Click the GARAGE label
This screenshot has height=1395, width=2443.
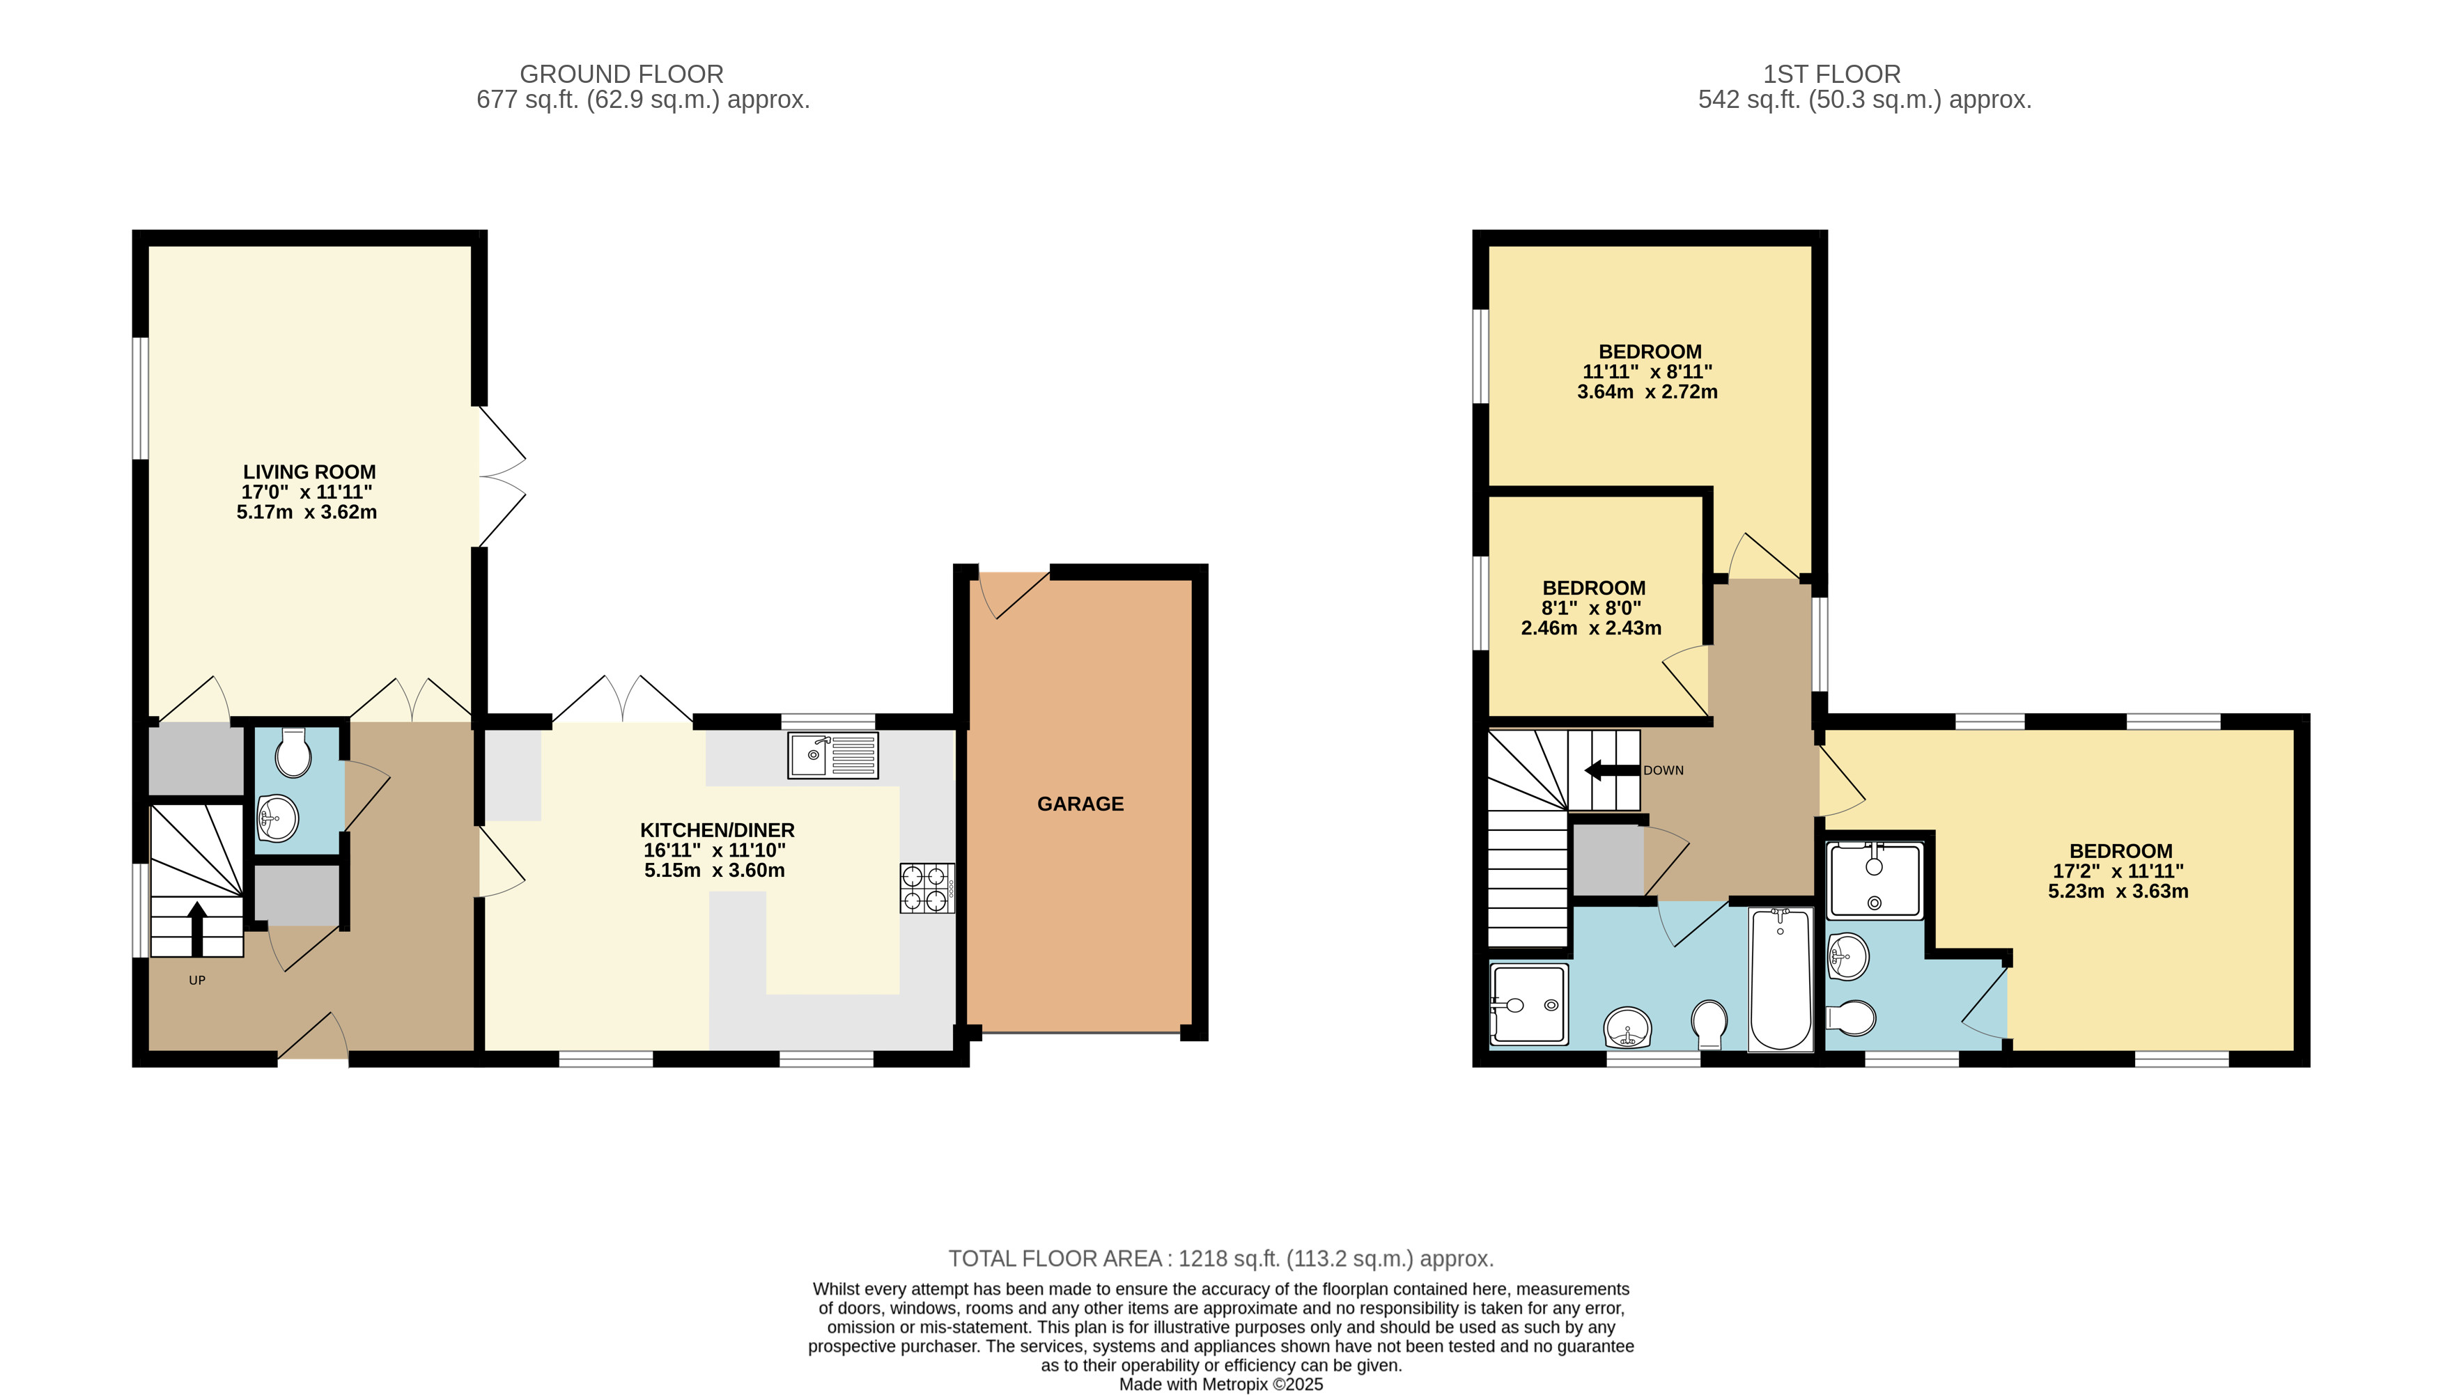pyautogui.click(x=1080, y=804)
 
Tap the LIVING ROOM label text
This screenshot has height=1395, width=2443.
pyautogui.click(x=309, y=472)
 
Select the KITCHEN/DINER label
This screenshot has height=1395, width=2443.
pyautogui.click(x=717, y=829)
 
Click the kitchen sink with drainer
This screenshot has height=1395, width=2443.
pyautogui.click(x=832, y=755)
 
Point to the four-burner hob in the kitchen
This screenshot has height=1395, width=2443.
pyautogui.click(x=926, y=888)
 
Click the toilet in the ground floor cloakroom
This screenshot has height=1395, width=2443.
pyautogui.click(x=293, y=753)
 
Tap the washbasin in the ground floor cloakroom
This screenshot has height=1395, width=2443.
pyautogui.click(x=278, y=819)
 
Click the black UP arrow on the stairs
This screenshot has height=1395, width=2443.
pyautogui.click(x=196, y=928)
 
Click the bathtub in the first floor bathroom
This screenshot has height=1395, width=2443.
pyautogui.click(x=1780, y=979)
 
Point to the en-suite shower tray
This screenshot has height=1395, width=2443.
pyautogui.click(x=1874, y=880)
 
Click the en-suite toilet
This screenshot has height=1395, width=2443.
pyautogui.click(x=1850, y=1018)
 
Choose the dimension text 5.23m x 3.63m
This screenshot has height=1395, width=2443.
pyautogui.click(x=2118, y=891)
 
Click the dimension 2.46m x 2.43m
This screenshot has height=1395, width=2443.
pyautogui.click(x=1591, y=628)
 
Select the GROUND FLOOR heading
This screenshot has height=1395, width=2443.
pyautogui.click(x=621, y=74)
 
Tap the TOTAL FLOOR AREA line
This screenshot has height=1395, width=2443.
pyautogui.click(x=1220, y=1258)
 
